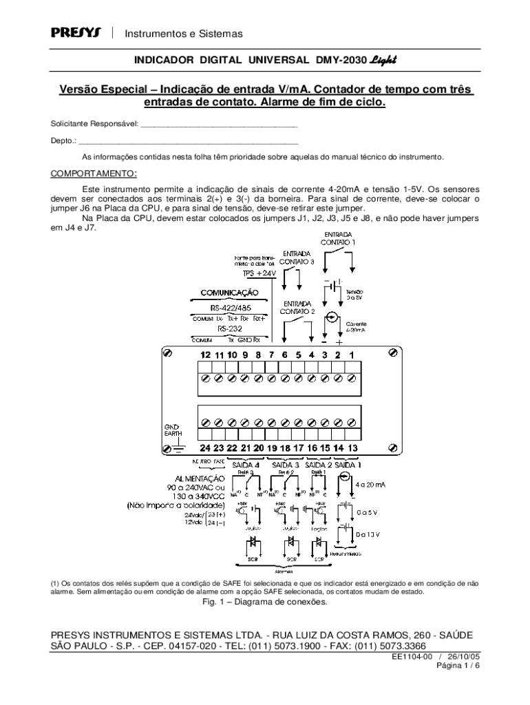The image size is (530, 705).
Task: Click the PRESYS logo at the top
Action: pos(76,33)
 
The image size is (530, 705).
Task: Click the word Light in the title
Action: pos(383,61)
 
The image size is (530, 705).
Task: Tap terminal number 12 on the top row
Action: pos(204,355)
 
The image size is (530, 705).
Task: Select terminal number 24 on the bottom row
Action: pos(204,448)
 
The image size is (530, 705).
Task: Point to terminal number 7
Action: pos(271,355)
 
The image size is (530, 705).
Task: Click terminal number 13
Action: pos(352,448)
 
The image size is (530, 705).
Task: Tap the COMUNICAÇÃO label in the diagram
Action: pos(229,293)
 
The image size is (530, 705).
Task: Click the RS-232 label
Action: pos(231,329)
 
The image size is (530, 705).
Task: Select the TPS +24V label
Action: pos(258,273)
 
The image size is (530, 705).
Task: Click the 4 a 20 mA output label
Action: pos(370,485)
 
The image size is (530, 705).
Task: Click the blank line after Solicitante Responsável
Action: pos(218,126)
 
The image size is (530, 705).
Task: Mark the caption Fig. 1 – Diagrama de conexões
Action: pos(264,602)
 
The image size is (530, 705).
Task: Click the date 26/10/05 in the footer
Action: pos(463,657)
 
